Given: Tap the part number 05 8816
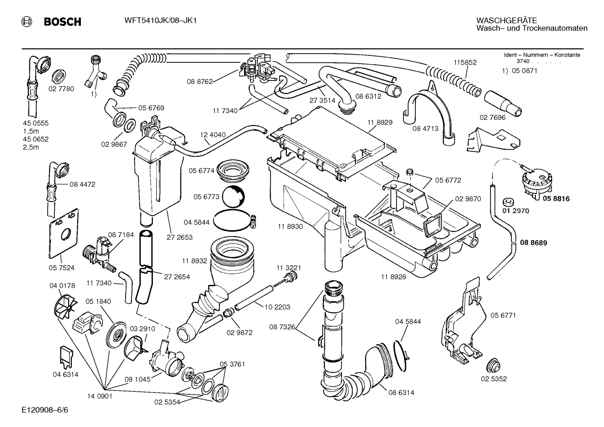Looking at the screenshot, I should click(x=556, y=199).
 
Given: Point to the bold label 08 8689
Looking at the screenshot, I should click(x=533, y=243).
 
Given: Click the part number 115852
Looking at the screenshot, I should click(x=465, y=62).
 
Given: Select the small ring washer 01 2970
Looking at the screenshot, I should click(x=509, y=201).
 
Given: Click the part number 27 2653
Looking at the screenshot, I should click(x=178, y=237).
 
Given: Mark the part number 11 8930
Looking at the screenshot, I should click(x=290, y=226).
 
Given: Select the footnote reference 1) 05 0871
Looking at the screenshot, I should click(x=519, y=71).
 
